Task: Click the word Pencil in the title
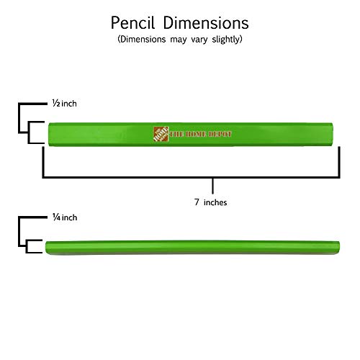coord(132,23)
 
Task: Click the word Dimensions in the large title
coord(206,23)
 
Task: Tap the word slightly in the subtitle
coord(226,40)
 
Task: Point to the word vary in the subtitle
coord(199,40)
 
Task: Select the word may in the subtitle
coord(179,40)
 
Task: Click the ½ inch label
coord(65,104)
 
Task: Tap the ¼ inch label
coord(65,217)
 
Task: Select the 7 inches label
coord(210,202)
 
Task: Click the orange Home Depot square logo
coord(161,134)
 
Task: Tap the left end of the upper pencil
coord(49,135)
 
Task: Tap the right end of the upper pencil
coord(333,135)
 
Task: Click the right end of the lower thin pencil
coord(339,247)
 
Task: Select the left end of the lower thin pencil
coord(46,247)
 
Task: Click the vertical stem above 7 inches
coord(213,186)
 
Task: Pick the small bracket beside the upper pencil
coord(29,132)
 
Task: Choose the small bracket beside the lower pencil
coord(27,246)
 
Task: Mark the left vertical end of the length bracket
coord(43,162)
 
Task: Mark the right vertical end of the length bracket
coord(339,162)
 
